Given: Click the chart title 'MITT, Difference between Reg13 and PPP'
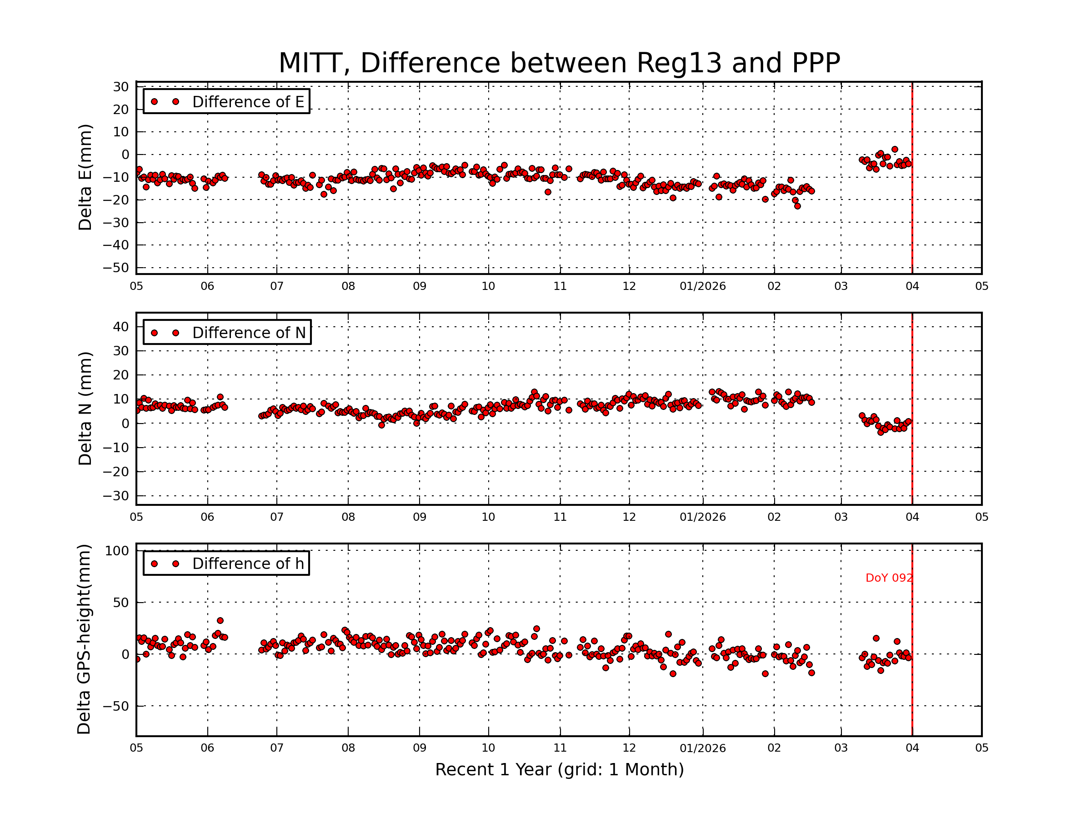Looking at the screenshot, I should point(559,63).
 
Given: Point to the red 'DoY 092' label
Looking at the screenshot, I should point(888,578).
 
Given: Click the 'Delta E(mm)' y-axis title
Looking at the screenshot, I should point(85,177).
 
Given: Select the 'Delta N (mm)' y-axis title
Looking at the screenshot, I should point(85,408).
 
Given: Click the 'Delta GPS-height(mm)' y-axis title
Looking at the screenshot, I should point(84,639).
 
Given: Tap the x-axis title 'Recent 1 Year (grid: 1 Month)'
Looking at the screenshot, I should point(559,770).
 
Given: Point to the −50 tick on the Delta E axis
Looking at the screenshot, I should point(115,268).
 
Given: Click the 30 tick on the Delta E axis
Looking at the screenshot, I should point(121,87).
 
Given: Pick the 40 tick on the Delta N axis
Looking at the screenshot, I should point(121,326).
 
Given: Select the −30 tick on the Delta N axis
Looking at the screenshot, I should point(115,496).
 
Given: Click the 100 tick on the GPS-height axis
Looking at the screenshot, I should point(117,551).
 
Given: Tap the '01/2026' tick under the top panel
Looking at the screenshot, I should point(702,286).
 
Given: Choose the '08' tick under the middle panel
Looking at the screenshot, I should point(348,517).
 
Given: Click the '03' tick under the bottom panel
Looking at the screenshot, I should point(841,748).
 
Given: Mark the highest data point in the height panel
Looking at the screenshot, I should point(220,621).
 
